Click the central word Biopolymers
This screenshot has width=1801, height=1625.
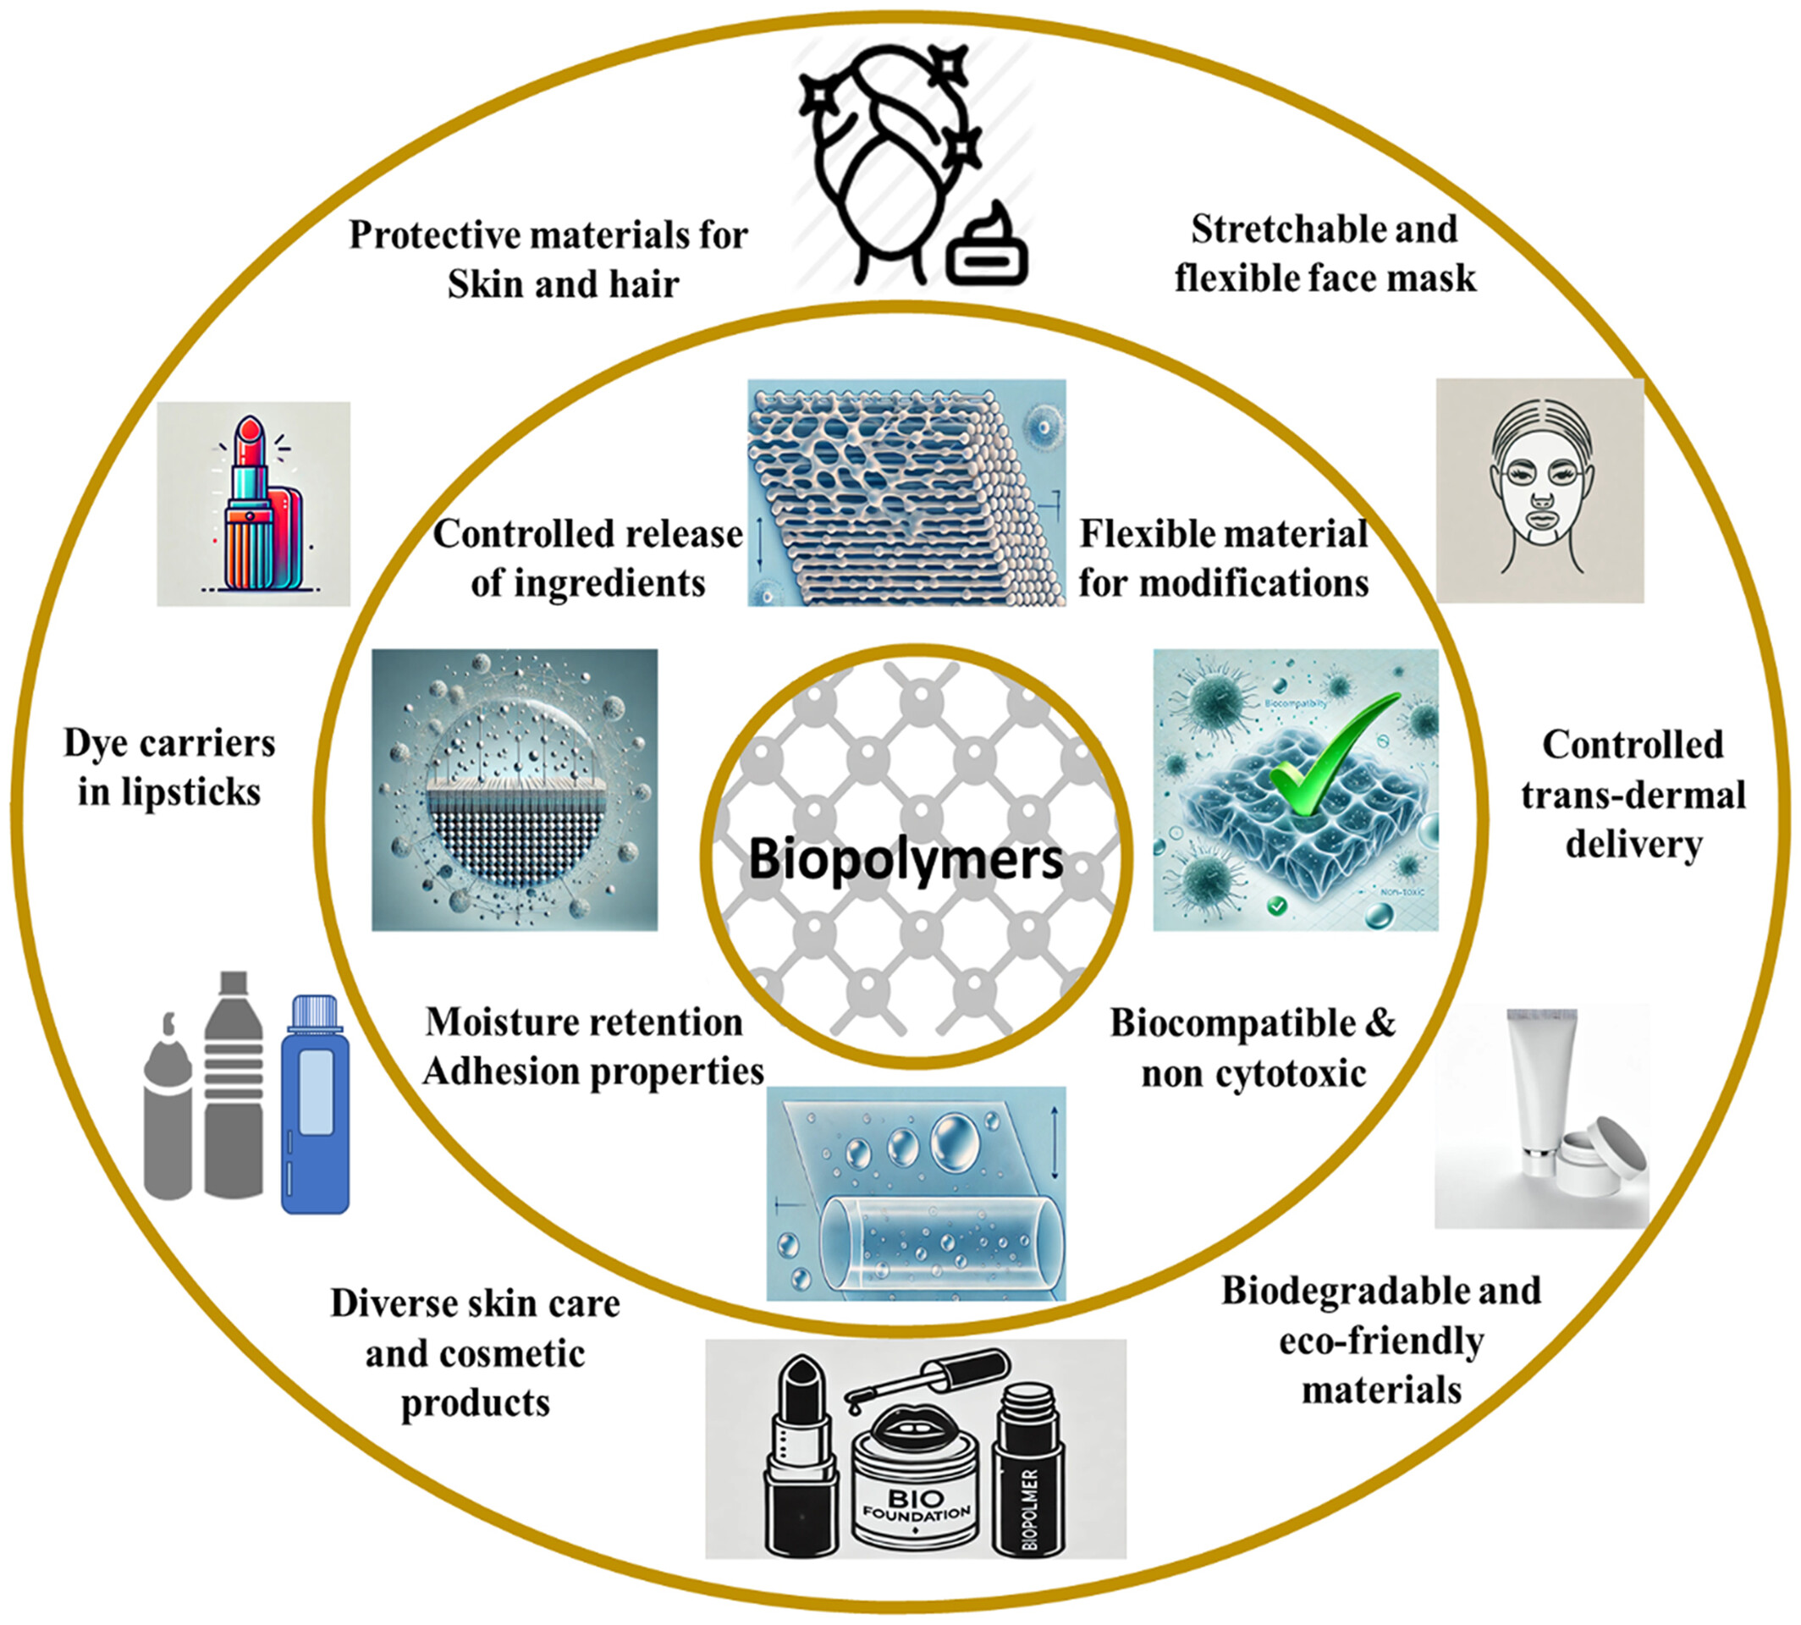(906, 858)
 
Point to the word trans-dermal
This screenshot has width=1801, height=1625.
(1633, 795)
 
